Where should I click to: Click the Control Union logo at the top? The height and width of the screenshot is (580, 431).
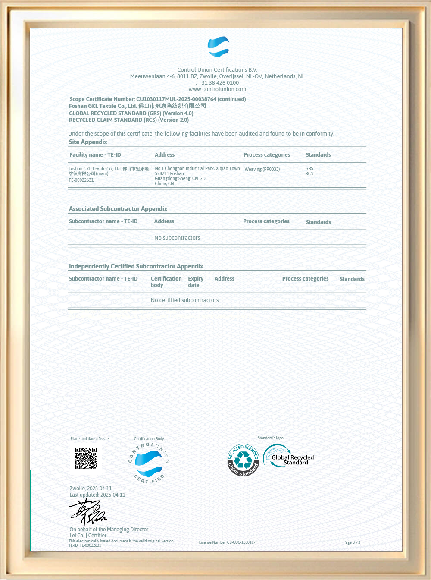(x=218, y=47)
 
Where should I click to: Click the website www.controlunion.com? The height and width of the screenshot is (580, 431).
(x=217, y=89)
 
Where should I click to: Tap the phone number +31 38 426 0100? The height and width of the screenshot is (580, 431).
(x=218, y=83)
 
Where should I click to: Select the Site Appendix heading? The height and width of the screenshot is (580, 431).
(x=88, y=142)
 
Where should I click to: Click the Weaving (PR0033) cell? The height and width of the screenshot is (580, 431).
(x=262, y=169)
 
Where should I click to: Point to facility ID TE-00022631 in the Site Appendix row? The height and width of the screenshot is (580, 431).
(x=81, y=180)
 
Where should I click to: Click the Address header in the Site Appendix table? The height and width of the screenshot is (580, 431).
(x=165, y=155)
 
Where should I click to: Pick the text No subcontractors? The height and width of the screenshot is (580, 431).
(x=177, y=238)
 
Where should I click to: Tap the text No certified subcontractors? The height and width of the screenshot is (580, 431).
(x=184, y=300)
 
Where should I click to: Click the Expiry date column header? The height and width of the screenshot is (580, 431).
(x=195, y=282)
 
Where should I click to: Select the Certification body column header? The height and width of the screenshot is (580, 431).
(x=166, y=282)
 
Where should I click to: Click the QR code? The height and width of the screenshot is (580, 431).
(x=86, y=458)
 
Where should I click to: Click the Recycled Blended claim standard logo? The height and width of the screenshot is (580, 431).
(x=243, y=460)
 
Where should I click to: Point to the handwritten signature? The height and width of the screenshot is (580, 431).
(x=88, y=512)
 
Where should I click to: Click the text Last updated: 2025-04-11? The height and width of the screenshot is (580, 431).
(x=97, y=495)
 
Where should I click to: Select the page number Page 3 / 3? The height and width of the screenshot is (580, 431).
(x=352, y=542)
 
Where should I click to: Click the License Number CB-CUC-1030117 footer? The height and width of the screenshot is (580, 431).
(x=227, y=542)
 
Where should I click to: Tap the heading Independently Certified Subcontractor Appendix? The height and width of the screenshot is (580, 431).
(x=136, y=266)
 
